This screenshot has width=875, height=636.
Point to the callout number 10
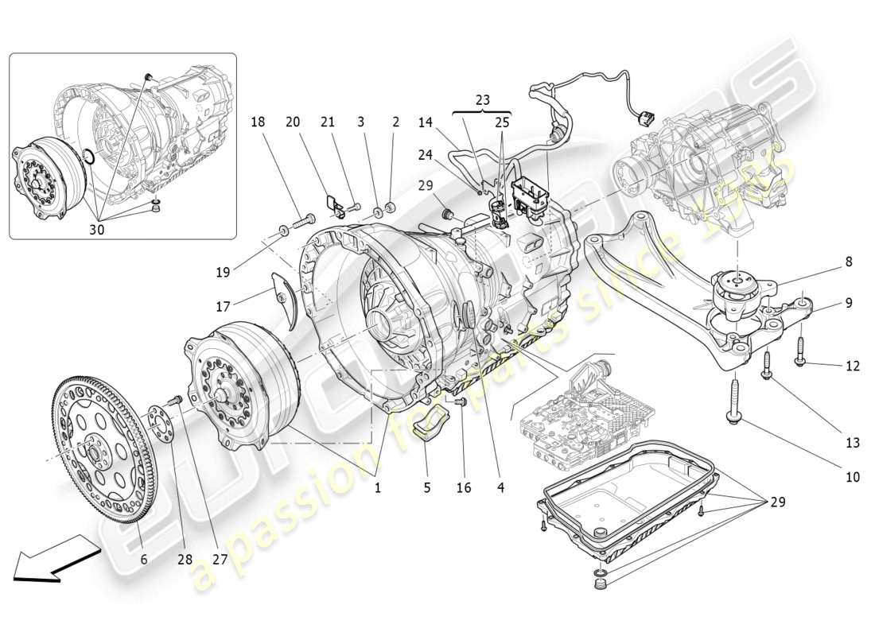(852, 477)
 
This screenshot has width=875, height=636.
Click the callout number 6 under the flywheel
(144, 559)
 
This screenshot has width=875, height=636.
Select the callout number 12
(853, 366)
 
